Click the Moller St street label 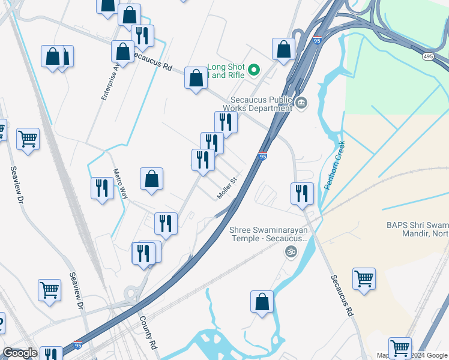[228, 188]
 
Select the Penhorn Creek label [335, 166]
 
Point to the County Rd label [149, 334]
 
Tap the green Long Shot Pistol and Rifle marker [254, 71]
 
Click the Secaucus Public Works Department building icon [301, 104]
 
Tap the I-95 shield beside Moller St [262, 156]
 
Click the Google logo [20, 353]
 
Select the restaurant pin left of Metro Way [101, 188]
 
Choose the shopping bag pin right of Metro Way [151, 178]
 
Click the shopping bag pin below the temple [262, 301]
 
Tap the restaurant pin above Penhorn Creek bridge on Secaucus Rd [302, 193]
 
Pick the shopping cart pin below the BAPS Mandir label [364, 278]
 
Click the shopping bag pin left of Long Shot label [196, 77]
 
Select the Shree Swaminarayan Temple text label [268, 234]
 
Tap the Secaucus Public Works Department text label [262, 104]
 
